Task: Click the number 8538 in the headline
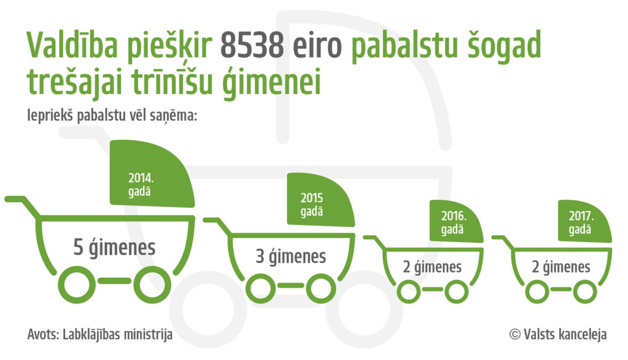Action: [252, 45]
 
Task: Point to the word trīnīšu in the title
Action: [172, 82]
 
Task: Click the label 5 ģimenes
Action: [114, 247]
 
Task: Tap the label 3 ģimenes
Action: [291, 257]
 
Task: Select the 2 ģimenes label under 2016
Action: [432, 267]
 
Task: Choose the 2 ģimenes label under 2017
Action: [561, 267]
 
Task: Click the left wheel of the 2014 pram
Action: [77, 284]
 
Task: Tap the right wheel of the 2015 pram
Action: [321, 288]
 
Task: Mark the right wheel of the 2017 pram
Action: [585, 291]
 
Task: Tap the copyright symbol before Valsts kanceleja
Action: [515, 334]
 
